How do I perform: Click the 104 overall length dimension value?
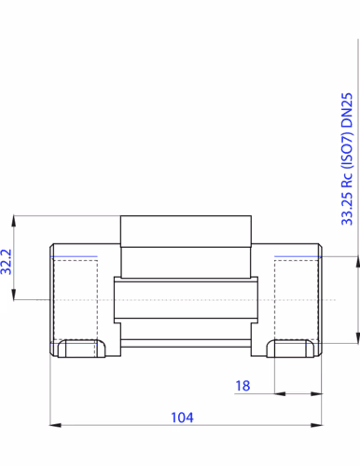[182, 418]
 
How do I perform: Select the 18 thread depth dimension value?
[242, 386]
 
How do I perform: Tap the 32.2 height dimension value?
[7, 262]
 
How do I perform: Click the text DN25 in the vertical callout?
[347, 110]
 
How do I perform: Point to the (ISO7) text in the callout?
[347, 150]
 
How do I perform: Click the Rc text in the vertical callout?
[347, 180]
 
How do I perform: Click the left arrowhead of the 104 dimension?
[55, 425]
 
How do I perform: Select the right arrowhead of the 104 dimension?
[316, 425]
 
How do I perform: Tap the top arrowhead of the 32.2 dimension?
[13, 221]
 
